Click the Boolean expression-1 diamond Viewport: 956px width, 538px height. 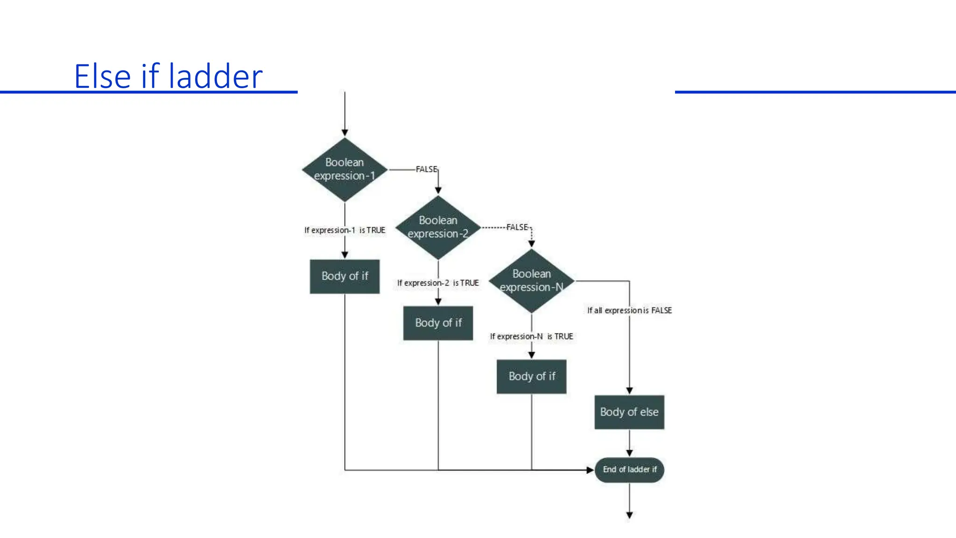(x=344, y=170)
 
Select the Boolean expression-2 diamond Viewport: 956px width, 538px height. (x=438, y=227)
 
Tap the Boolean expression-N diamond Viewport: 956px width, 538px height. (x=531, y=281)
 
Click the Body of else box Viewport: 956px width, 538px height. (x=629, y=412)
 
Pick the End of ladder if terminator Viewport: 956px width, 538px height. (x=629, y=469)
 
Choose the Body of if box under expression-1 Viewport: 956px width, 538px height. (x=344, y=276)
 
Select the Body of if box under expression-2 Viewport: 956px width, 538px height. (x=438, y=323)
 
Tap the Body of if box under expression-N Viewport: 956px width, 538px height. (x=531, y=376)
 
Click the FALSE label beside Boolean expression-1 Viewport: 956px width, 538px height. (x=426, y=169)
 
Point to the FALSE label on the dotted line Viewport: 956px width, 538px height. (x=517, y=227)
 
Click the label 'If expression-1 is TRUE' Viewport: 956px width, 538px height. (x=344, y=230)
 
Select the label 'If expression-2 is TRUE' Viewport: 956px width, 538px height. (x=438, y=283)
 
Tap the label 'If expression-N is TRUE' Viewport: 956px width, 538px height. (x=531, y=336)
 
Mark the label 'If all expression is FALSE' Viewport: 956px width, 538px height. (x=629, y=310)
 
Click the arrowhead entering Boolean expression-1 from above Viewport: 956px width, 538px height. (x=344, y=133)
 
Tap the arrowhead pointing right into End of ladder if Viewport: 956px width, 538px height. (x=590, y=470)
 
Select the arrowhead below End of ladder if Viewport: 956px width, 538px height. (x=629, y=515)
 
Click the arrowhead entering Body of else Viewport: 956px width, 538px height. (x=629, y=390)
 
